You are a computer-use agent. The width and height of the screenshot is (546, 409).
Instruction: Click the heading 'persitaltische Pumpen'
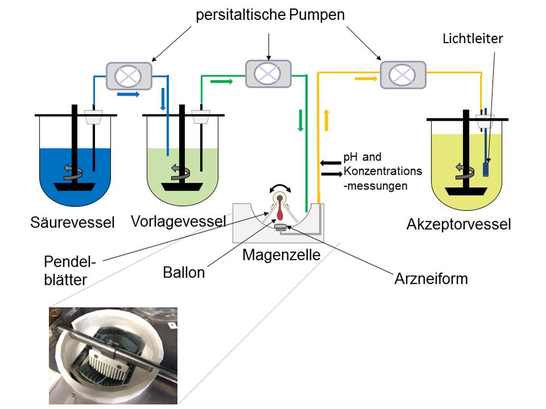[270, 15]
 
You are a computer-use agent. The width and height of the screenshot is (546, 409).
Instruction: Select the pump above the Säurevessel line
[129, 76]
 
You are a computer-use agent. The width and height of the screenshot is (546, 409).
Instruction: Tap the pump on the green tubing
[268, 73]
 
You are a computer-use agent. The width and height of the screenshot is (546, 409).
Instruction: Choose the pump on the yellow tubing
[403, 75]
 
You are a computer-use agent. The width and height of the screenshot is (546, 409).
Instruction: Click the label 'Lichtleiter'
[474, 39]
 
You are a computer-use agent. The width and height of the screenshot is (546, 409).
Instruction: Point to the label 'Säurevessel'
[72, 222]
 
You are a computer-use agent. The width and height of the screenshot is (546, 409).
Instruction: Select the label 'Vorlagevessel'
[178, 221]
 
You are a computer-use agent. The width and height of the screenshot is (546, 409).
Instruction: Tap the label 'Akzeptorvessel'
[458, 224]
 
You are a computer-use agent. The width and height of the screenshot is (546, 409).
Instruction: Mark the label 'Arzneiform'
[431, 279]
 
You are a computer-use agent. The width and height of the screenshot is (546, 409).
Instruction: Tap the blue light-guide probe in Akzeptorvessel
[486, 169]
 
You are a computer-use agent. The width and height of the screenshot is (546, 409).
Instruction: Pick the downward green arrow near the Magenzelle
[300, 121]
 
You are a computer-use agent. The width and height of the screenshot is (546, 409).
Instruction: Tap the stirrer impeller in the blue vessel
[74, 186]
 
